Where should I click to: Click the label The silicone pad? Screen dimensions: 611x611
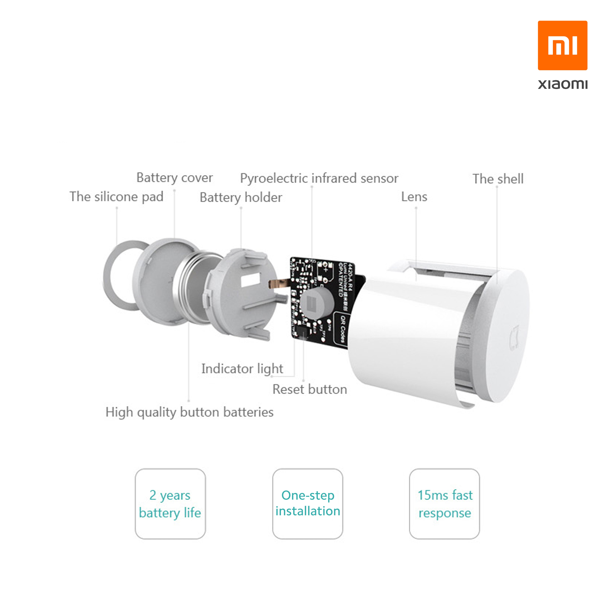coord(116,197)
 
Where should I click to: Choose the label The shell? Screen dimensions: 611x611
coord(498,179)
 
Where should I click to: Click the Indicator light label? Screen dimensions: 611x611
coord(242,369)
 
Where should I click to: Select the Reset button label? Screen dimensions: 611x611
coord(310,389)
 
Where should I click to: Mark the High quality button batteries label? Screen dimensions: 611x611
coord(189,412)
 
